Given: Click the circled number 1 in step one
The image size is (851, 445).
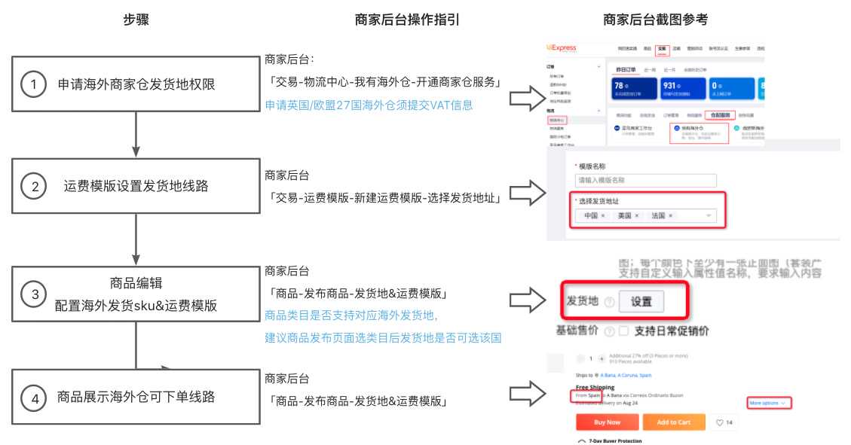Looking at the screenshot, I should [x=32, y=84].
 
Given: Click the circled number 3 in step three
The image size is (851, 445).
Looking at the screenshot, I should [x=32, y=294].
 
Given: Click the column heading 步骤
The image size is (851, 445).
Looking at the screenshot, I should [x=136, y=20].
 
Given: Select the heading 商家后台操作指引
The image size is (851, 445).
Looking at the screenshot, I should [x=407, y=20].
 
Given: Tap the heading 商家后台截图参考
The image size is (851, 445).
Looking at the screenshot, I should [x=655, y=20].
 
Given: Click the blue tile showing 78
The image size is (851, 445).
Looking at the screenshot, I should [x=635, y=91].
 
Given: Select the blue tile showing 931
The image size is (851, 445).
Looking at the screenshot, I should [x=683, y=91].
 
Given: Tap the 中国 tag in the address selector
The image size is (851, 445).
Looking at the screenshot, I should [x=594, y=215].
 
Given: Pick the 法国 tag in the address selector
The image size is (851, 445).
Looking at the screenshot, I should [x=662, y=215].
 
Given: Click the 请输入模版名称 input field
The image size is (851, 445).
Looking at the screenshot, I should [x=644, y=181].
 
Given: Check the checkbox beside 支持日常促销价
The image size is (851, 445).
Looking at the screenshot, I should [x=623, y=331].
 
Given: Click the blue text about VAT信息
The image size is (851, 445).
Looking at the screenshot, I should [x=369, y=105].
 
